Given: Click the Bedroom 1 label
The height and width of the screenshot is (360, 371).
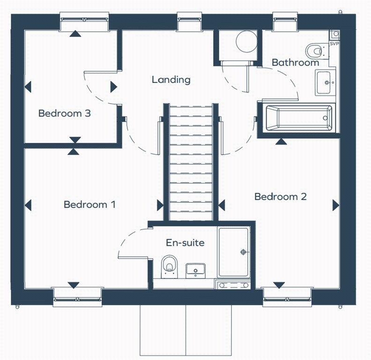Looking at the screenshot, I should point(89,205).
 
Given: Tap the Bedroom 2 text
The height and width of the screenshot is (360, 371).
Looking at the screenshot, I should point(280,197).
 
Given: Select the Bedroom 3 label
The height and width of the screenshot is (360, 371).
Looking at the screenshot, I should point(64,113).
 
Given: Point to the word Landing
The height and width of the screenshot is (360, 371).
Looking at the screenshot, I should point(171,80).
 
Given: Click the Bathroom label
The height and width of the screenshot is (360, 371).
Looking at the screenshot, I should point(295,62).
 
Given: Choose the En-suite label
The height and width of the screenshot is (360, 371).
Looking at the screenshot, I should point(185,243).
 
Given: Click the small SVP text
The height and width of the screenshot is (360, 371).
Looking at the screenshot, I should point(334,44).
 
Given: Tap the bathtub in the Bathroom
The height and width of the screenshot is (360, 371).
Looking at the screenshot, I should point(298,118).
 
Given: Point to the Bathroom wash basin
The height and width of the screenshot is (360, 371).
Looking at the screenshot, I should point(325,82).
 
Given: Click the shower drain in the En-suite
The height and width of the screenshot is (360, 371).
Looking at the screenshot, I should point(243,252).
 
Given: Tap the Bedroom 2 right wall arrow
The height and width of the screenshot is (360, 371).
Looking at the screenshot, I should point(335,205).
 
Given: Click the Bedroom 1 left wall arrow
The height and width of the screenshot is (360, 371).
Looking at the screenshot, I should point(28,205).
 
